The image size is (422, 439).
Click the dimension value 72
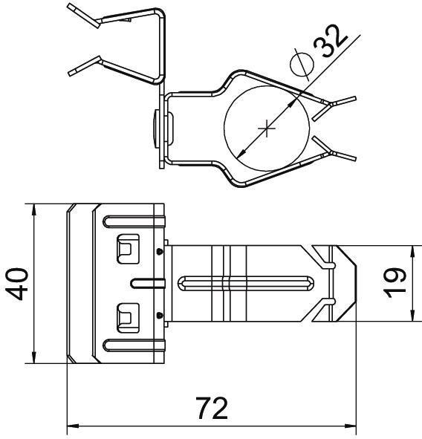[212, 409]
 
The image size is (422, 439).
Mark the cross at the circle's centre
[267, 129]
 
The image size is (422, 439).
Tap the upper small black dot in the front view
[160, 251]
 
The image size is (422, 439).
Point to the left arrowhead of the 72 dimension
[71, 427]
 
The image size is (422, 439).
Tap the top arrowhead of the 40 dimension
[34, 208]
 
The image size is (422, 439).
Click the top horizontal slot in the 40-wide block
[132, 220]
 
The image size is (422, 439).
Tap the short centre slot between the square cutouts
[147, 282]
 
